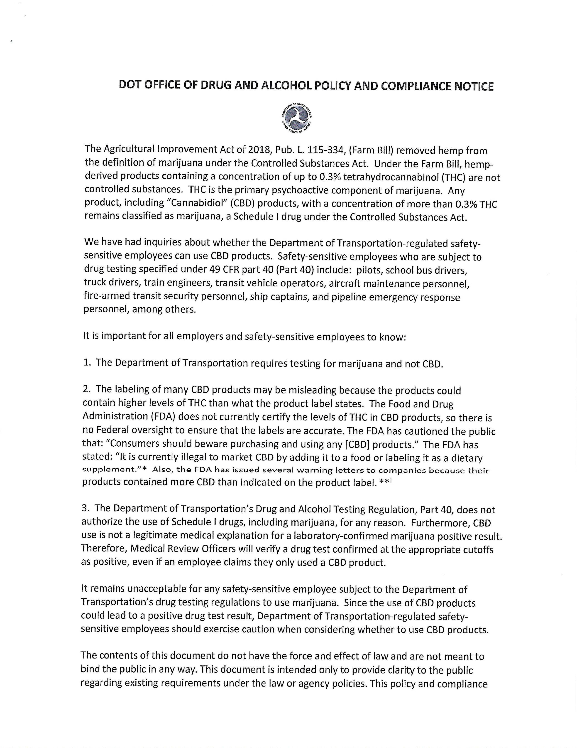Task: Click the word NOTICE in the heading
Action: click(474, 86)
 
